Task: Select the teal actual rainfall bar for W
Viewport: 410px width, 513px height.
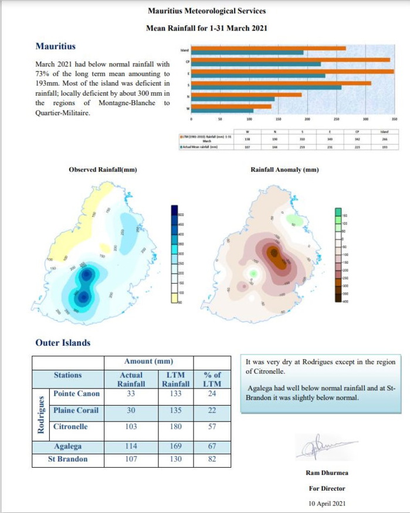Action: [x=223, y=110]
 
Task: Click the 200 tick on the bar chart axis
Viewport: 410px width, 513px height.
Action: [x=307, y=119]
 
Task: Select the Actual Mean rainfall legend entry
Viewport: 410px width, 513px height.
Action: [x=199, y=147]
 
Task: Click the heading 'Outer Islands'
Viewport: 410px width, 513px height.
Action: [x=63, y=343]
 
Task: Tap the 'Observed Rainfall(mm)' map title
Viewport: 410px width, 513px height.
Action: [x=103, y=170]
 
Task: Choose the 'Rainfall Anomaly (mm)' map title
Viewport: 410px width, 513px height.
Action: [x=284, y=170]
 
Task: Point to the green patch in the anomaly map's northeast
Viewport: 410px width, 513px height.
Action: [x=296, y=221]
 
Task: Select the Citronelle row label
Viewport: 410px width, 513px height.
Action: [x=71, y=427]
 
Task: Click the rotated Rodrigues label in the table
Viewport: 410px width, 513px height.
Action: [x=40, y=414]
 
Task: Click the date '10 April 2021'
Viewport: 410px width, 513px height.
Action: [x=327, y=503]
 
